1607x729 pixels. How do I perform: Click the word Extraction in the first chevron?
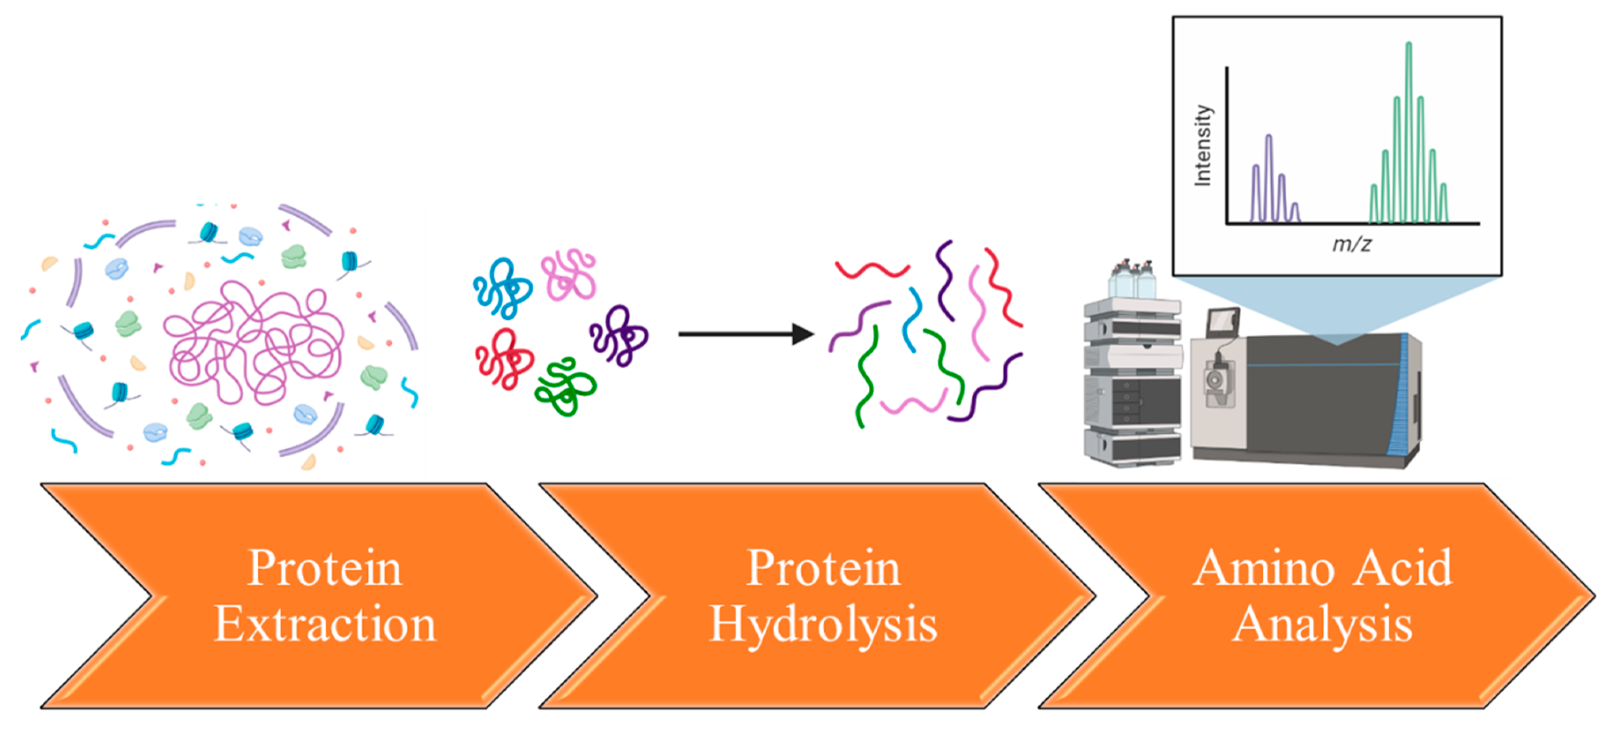(x=325, y=624)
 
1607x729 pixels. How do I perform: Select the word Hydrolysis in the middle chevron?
(x=824, y=624)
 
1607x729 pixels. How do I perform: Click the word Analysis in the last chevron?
(x=1322, y=624)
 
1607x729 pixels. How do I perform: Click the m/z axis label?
(x=1351, y=244)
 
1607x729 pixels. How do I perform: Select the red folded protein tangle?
(x=504, y=359)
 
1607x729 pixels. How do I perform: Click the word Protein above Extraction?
(x=325, y=568)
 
